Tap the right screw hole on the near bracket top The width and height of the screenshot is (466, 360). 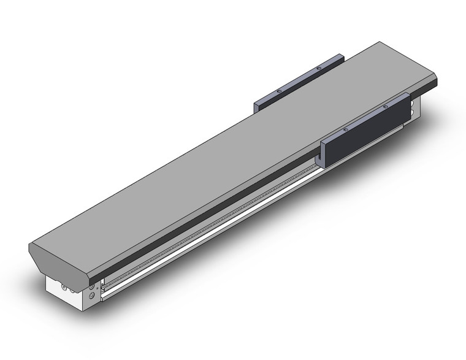[x=385, y=108]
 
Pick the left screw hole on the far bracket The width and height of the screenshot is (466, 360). [x=278, y=90]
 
